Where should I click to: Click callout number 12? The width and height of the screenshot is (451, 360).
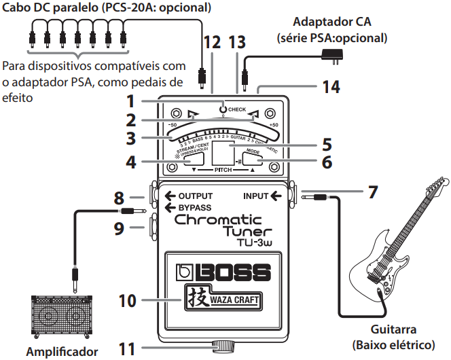pos(212,43)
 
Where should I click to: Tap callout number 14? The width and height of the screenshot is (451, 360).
pos(330,86)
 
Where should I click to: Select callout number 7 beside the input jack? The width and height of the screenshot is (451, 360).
pos(372,192)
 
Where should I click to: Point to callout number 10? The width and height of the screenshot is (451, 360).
pos(128,299)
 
